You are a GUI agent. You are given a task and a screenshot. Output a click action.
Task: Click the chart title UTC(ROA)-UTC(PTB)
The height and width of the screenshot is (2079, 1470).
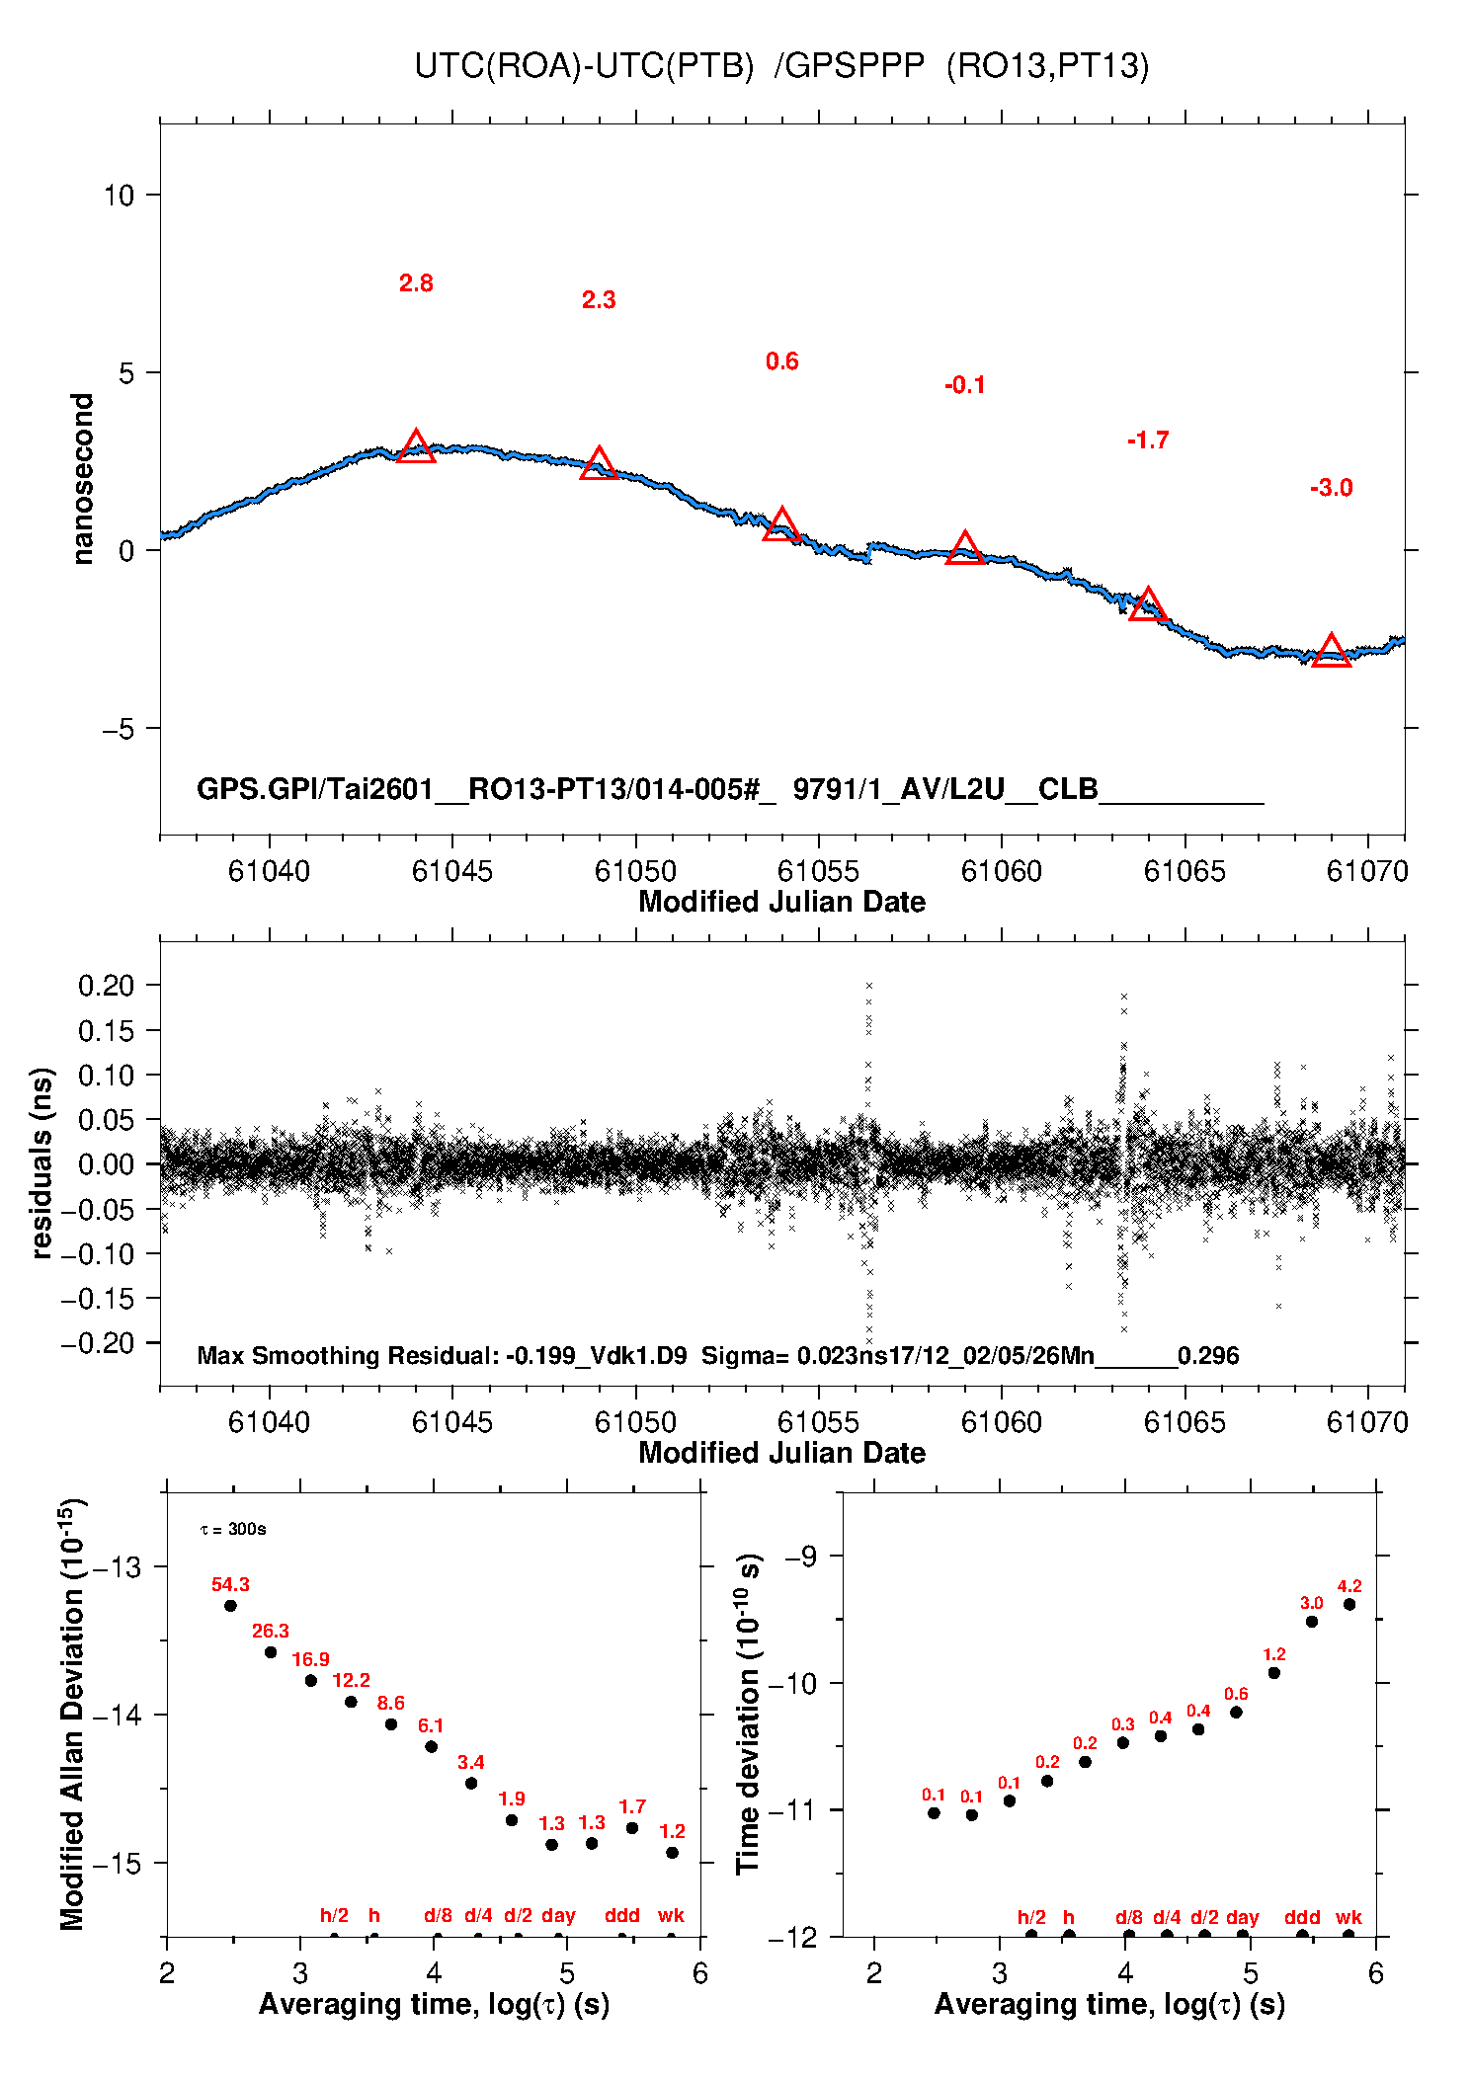point(584,65)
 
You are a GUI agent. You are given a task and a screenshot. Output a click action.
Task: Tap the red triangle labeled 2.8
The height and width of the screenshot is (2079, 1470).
point(416,447)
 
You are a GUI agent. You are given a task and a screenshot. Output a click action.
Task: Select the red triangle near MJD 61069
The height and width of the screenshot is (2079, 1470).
point(1331,651)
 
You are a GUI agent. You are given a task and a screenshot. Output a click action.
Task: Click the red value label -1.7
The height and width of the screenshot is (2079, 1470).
point(1148,440)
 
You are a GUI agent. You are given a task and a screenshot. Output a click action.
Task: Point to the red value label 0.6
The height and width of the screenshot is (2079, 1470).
point(781,361)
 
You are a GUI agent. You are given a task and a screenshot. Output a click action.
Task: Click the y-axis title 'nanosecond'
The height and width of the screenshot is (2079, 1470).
point(83,478)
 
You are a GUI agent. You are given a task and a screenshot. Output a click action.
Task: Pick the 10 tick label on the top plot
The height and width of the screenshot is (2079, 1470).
point(119,195)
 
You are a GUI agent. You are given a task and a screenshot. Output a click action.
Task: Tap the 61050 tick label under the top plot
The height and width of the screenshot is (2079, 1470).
point(635,871)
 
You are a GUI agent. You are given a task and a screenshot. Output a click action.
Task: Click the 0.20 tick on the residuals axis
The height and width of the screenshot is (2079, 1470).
point(106,985)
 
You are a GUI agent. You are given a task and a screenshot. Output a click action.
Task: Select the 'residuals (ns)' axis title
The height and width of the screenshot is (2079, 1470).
point(41,1163)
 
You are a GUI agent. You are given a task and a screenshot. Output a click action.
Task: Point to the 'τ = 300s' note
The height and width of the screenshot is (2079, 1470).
point(233,1530)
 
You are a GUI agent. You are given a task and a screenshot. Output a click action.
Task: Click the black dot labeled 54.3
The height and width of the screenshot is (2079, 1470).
point(230,1605)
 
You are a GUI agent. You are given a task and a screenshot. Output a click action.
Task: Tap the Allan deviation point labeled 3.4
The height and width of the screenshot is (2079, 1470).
point(471,1783)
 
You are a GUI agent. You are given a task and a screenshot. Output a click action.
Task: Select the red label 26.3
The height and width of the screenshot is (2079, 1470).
point(271,1631)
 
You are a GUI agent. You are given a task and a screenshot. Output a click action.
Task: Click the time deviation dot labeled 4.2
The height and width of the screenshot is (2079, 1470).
point(1349,1604)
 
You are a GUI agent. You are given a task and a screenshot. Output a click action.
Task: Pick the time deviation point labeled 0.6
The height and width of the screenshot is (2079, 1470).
point(1236,1712)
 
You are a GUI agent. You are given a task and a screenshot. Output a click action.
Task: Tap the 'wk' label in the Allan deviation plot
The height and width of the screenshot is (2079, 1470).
point(671,1915)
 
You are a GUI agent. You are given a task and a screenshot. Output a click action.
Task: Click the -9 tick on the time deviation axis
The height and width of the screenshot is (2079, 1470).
point(801,1557)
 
